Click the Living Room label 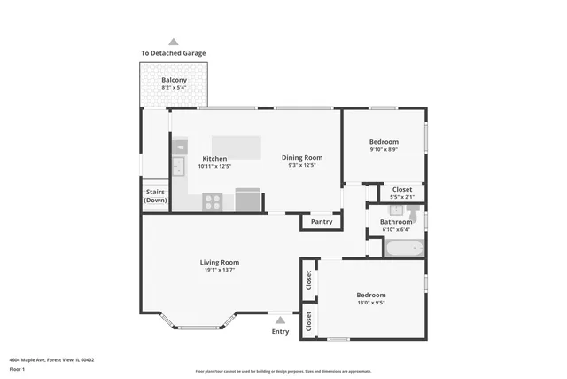pyautogui.click(x=219, y=262)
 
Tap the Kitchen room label pyautogui.click(x=214, y=158)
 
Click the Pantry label pyautogui.click(x=322, y=221)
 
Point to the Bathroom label pyautogui.click(x=396, y=222)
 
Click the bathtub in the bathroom pyautogui.click(x=404, y=248)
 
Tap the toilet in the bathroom pyautogui.click(x=412, y=212)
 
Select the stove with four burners pyautogui.click(x=213, y=201)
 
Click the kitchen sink pyautogui.click(x=178, y=165)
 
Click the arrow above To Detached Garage pyautogui.click(x=174, y=42)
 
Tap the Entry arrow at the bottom pyautogui.click(x=280, y=320)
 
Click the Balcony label pyautogui.click(x=174, y=81)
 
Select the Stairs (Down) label pyautogui.click(x=155, y=195)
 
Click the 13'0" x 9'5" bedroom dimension pyautogui.click(x=370, y=303)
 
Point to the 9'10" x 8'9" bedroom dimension pyautogui.click(x=384, y=149)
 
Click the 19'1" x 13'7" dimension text pyautogui.click(x=219, y=270)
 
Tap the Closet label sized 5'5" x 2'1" pyautogui.click(x=401, y=189)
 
